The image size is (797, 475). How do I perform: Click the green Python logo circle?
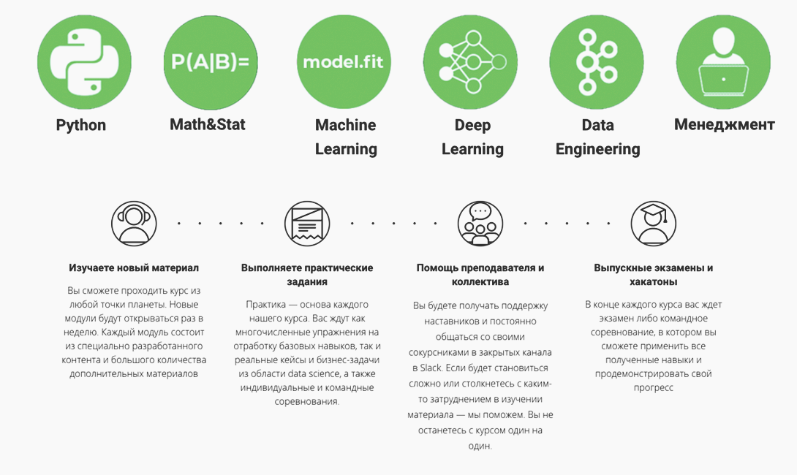click(x=84, y=62)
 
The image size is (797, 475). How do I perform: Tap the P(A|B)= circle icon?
click(x=211, y=62)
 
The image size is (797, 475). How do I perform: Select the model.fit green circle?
click(x=344, y=62)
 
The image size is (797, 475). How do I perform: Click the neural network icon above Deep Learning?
click(x=470, y=62)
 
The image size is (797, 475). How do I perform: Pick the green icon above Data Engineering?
click(x=597, y=62)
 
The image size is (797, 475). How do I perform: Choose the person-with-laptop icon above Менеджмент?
click(x=723, y=62)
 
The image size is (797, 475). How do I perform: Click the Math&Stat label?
click(x=208, y=124)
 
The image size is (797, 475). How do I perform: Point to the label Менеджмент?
click(x=725, y=124)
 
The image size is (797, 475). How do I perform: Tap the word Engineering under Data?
click(x=598, y=149)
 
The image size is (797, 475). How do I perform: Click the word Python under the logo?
click(x=81, y=125)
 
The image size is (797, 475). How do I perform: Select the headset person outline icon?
click(x=135, y=224)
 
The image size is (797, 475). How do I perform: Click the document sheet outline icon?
click(x=307, y=224)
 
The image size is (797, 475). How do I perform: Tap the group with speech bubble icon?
click(x=480, y=224)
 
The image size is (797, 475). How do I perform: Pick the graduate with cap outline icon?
click(x=654, y=224)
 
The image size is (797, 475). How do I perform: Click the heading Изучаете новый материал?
click(x=134, y=267)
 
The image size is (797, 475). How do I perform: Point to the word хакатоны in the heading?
click(x=653, y=282)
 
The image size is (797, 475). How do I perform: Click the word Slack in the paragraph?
click(x=431, y=368)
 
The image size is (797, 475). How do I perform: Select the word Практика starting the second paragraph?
click(x=266, y=305)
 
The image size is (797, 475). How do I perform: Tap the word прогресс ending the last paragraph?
click(x=654, y=388)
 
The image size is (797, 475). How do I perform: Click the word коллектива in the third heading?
click(x=480, y=282)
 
